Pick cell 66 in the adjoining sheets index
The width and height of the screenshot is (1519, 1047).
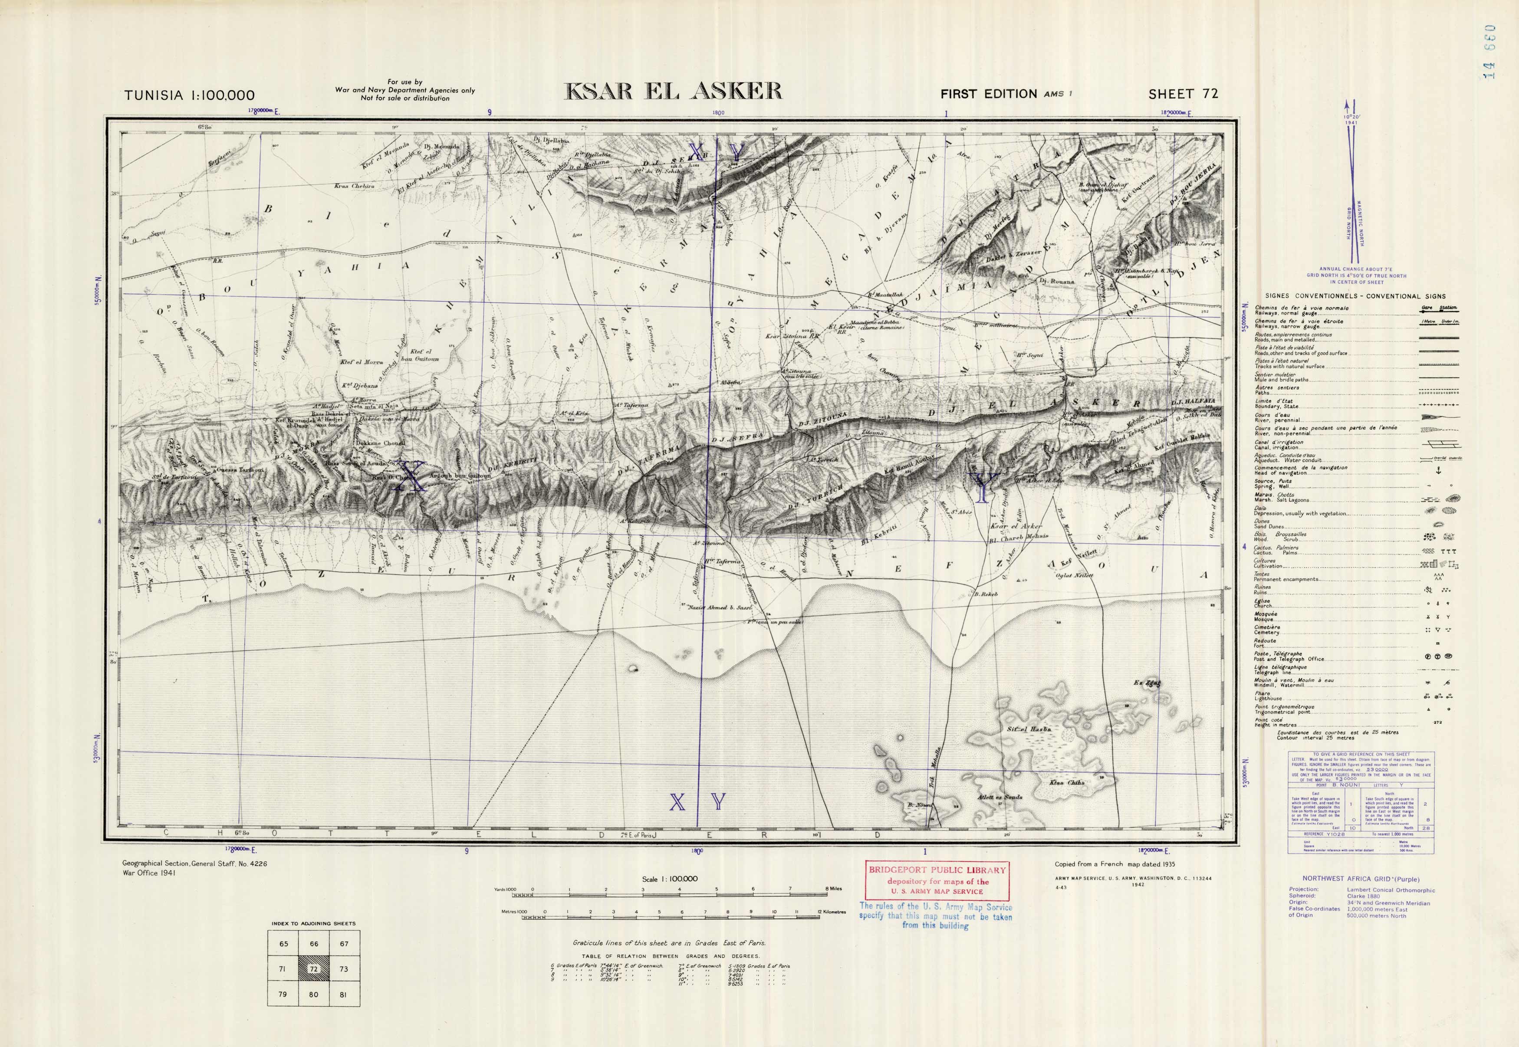click(x=314, y=944)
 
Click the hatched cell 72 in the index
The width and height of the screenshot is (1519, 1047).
click(x=314, y=969)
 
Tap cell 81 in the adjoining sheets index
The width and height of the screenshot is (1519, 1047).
click(x=343, y=994)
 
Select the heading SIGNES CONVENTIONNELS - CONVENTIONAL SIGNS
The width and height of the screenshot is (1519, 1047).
click(x=1350, y=296)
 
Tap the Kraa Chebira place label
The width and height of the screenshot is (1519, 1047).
click(x=354, y=186)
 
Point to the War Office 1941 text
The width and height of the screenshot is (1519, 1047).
click(x=149, y=873)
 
